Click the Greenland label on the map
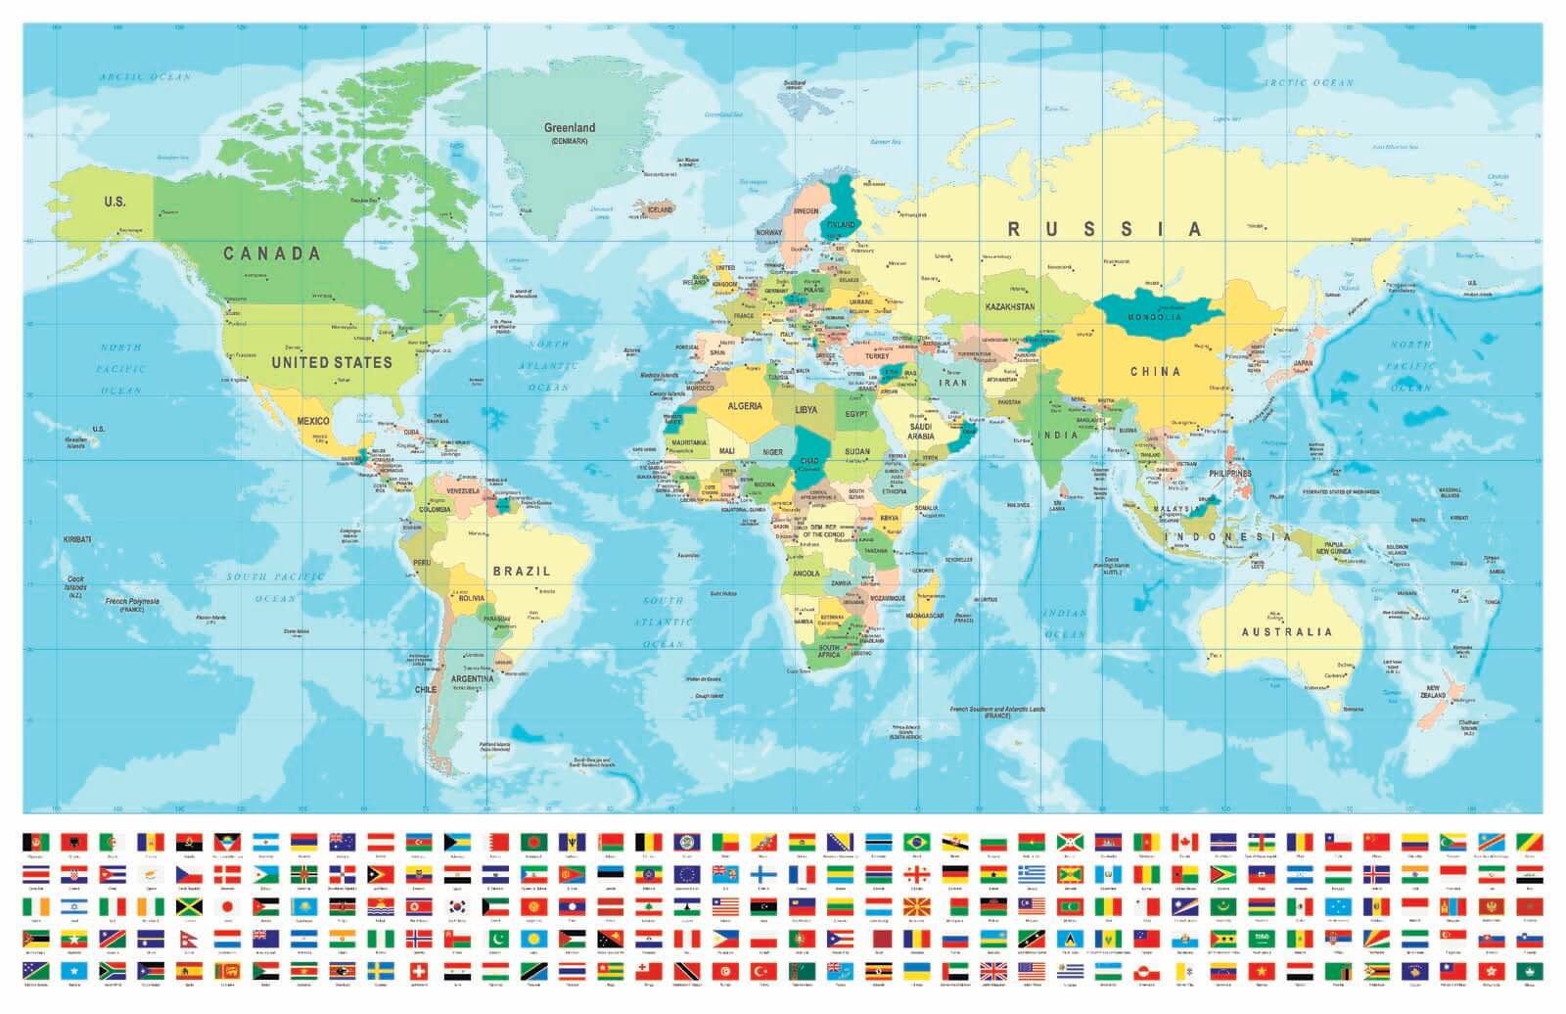570,128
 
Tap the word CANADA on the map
271,253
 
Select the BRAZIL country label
521,571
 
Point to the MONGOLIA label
1154,317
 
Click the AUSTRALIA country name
1287,632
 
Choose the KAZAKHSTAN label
1010,306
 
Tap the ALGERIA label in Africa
744,406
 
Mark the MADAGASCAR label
924,616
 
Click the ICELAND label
660,209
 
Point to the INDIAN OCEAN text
1064,623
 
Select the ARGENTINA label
472,678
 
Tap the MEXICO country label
313,421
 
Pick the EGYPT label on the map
856,414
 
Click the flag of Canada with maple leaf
1184,843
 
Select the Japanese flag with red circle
227,907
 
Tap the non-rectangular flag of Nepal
188,940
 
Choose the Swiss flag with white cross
418,971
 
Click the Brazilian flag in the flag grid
917,843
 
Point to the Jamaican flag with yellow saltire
189,907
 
